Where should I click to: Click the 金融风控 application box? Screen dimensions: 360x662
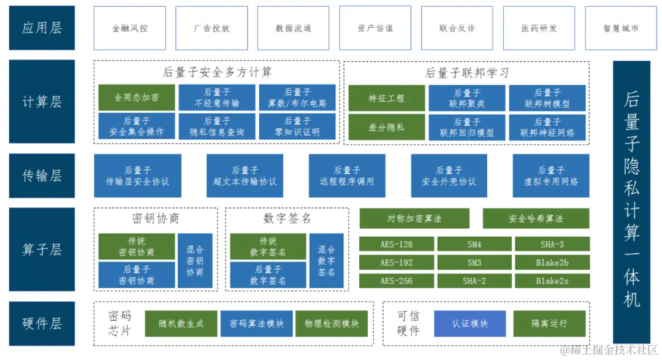coord(129,28)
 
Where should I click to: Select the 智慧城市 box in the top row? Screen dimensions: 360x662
coord(621,28)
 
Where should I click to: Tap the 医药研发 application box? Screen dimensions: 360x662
coord(539,28)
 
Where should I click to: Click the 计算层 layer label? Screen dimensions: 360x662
coord(42,102)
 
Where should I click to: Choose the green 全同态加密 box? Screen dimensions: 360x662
coord(136,98)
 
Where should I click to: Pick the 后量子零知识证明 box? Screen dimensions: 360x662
coord(297,126)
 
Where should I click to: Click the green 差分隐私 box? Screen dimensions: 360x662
coord(386,127)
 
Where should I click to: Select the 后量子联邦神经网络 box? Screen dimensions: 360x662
coord(547,127)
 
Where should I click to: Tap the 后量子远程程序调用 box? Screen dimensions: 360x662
coord(347,176)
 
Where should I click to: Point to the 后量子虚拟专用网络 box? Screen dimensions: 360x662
coord(551,176)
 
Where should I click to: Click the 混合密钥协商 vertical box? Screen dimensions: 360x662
coord(195,261)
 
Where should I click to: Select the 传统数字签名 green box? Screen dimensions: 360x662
coord(268,247)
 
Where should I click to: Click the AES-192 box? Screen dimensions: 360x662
coord(396,263)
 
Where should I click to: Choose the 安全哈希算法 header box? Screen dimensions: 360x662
coord(536,218)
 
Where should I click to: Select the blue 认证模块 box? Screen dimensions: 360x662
coord(470,323)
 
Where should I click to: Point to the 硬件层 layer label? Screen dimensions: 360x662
coord(42,323)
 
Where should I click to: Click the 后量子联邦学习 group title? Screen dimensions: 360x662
coord(467,72)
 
